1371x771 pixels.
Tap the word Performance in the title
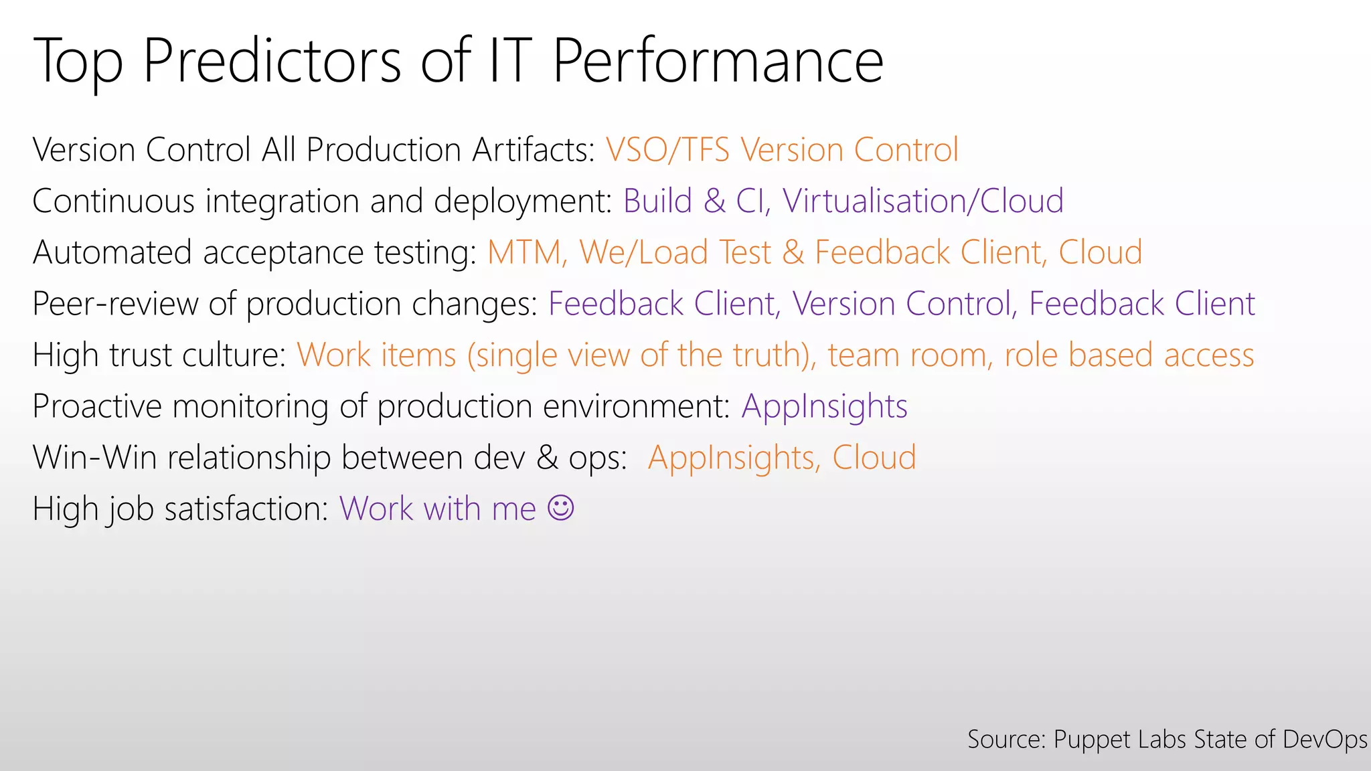pyautogui.click(x=717, y=62)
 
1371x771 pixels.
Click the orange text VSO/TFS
pyautogui.click(x=667, y=150)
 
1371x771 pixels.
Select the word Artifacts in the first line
pyautogui.click(x=533, y=150)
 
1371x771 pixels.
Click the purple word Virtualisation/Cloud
pyautogui.click(x=922, y=201)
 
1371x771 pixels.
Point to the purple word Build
pyautogui.click(x=657, y=201)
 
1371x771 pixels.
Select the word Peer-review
pyautogui.click(x=115, y=304)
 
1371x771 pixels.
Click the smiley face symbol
pyautogui.click(x=560, y=508)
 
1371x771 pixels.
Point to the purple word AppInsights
pyautogui.click(x=824, y=406)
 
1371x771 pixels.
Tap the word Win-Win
pyautogui.click(x=94, y=458)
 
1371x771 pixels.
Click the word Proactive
pyautogui.click(x=97, y=406)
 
